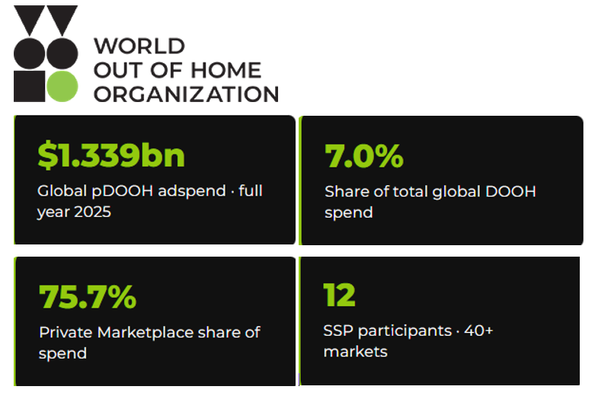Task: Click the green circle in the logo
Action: click(x=62, y=86)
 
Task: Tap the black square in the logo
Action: click(x=29, y=86)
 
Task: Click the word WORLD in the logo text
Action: click(x=139, y=46)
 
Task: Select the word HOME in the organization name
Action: click(x=226, y=70)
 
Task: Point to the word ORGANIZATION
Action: click(x=187, y=94)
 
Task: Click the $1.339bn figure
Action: click(x=111, y=155)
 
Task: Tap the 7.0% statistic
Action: click(x=364, y=155)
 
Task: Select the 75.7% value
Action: click(x=88, y=297)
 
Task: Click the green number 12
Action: click(x=339, y=295)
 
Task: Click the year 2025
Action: click(x=93, y=212)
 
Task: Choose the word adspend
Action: click(x=192, y=191)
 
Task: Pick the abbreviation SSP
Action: click(x=338, y=331)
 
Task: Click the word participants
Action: click(x=405, y=331)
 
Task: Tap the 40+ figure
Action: click(x=478, y=331)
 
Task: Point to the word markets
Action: click(x=356, y=352)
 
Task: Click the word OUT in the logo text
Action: click(x=119, y=70)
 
